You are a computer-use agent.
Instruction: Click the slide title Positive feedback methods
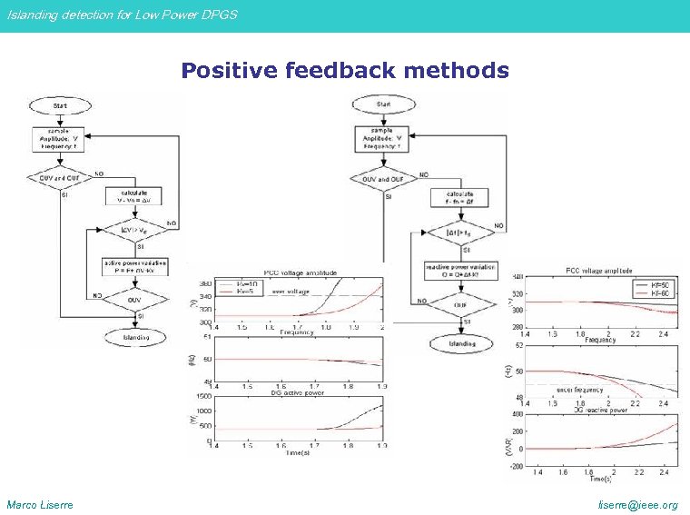pyautogui.click(x=344, y=71)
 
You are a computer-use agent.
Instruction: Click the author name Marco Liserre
pyautogui.click(x=40, y=504)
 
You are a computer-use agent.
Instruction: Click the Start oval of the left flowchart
pyautogui.click(x=60, y=106)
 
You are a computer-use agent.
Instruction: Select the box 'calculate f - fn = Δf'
pyautogui.click(x=460, y=196)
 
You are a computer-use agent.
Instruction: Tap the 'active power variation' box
pyautogui.click(x=134, y=266)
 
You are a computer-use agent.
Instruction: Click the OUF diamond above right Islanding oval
pyautogui.click(x=460, y=305)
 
